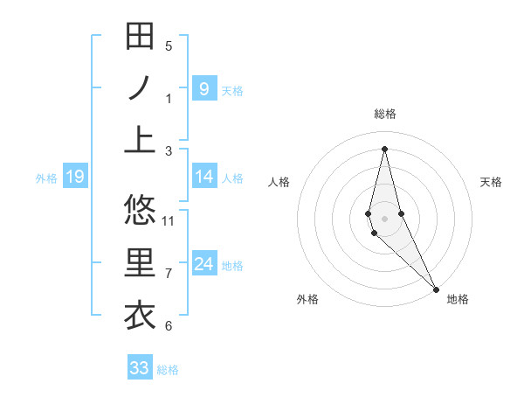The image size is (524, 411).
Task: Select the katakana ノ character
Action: click(x=140, y=88)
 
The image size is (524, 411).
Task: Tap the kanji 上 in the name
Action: click(x=140, y=139)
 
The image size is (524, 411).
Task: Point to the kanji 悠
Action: click(x=140, y=210)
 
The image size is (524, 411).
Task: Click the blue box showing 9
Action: click(x=204, y=88)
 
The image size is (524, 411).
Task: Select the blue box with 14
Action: click(x=204, y=177)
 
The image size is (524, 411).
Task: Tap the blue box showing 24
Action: click(x=204, y=264)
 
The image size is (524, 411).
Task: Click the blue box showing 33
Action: click(x=140, y=368)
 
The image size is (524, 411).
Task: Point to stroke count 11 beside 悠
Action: click(x=169, y=219)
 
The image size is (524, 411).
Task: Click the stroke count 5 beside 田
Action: click(x=169, y=45)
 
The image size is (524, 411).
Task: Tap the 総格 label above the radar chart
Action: click(x=384, y=114)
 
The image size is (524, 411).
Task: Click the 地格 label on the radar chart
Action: click(x=458, y=299)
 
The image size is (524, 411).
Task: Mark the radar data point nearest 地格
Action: click(x=435, y=288)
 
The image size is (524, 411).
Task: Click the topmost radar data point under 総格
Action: click(x=384, y=149)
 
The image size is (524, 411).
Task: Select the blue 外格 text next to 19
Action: click(x=46, y=178)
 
